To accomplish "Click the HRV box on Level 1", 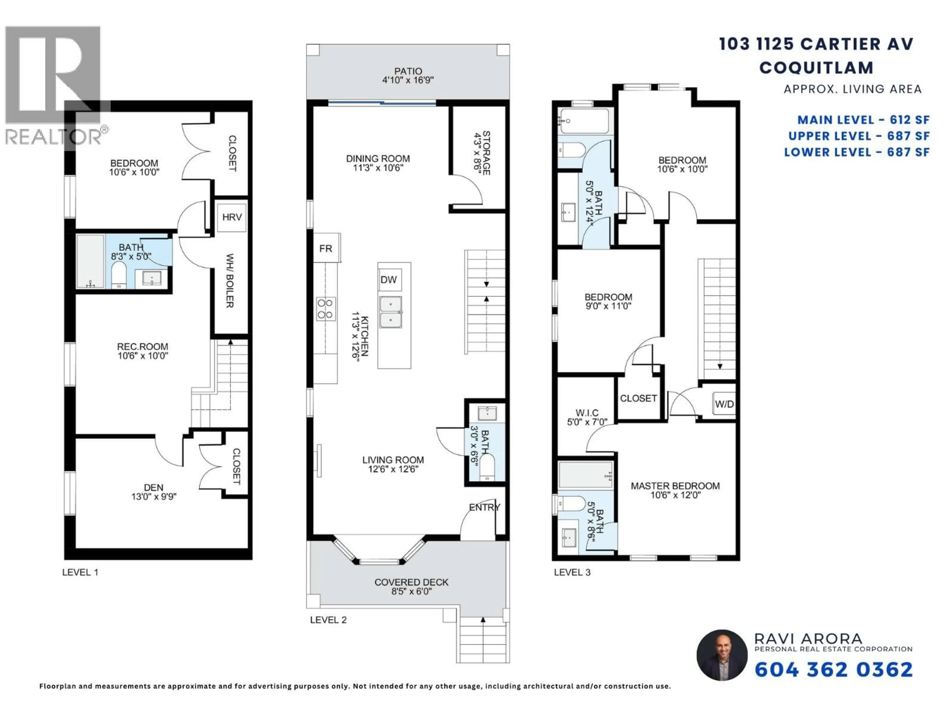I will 232,217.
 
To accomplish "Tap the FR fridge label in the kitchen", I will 326,248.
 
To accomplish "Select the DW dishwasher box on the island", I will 389,280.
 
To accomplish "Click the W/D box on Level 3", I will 724,404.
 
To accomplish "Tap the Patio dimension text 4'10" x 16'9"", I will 408,80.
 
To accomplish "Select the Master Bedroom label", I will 675,486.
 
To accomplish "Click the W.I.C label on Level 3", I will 587,413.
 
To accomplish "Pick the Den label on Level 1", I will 154,487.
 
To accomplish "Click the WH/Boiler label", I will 230,281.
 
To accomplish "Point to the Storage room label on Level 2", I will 486,153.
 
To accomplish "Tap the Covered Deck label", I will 411,582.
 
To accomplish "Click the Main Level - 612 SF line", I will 863,120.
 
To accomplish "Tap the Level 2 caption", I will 328,620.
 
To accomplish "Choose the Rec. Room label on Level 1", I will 143,346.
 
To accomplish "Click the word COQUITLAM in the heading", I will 816,68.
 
